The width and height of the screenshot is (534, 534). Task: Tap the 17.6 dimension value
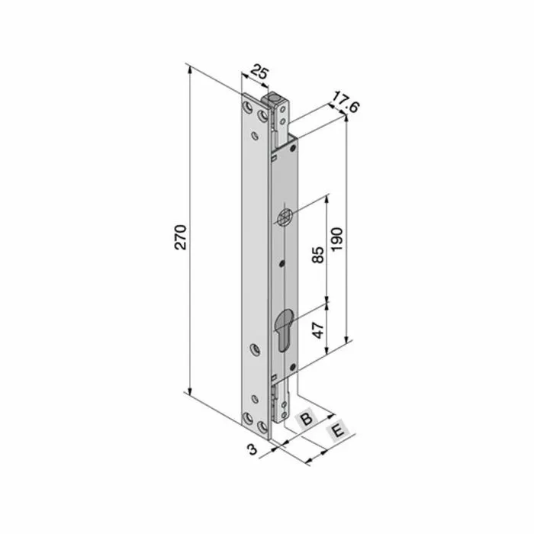[346, 105]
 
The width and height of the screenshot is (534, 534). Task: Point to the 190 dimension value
[338, 239]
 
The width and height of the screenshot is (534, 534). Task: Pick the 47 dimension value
[318, 330]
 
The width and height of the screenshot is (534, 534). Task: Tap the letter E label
[336, 433]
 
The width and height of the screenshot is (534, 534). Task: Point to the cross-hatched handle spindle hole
[284, 217]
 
